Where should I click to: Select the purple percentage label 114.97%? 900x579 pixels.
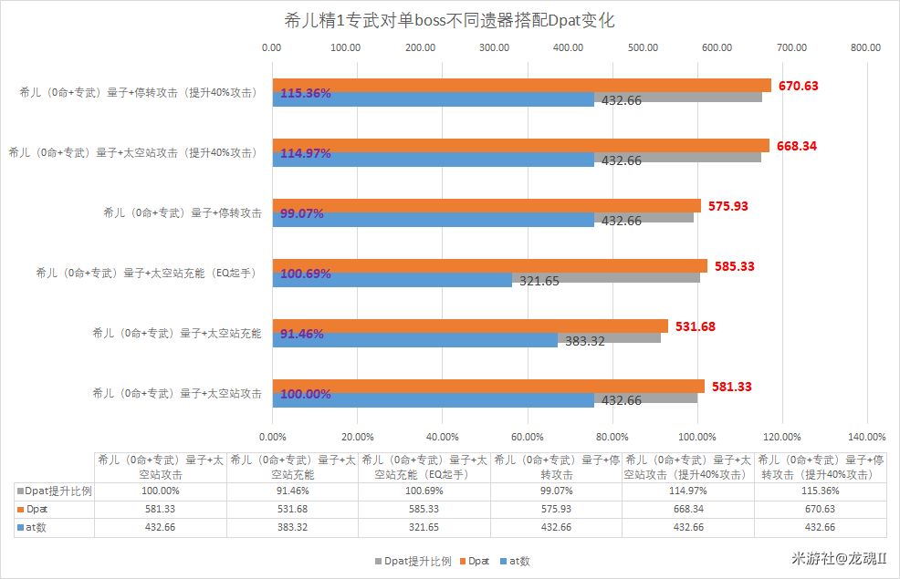pos(306,153)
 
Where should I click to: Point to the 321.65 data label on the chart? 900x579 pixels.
pos(539,281)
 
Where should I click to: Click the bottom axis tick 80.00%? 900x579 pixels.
pos(612,437)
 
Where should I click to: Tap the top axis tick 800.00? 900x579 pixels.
pos(865,47)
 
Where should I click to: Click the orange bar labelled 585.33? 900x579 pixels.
pos(490,266)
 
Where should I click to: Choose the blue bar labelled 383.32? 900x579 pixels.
pos(415,340)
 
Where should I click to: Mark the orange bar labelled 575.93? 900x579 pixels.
pos(487,206)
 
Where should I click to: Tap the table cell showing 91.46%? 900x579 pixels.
pos(292,491)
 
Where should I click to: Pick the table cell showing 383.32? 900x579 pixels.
pos(292,527)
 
